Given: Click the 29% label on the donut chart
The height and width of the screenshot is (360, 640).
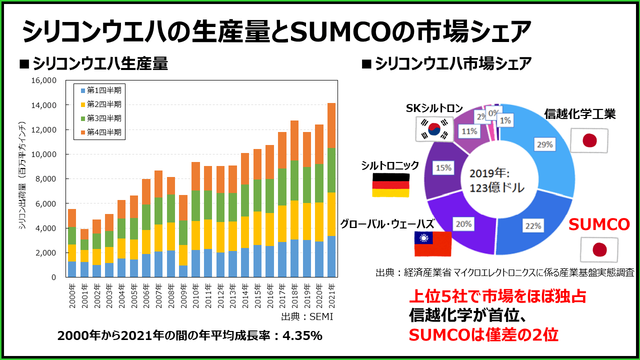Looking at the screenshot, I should [545, 144].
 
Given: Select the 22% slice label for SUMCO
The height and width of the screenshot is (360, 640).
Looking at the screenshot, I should [533, 226].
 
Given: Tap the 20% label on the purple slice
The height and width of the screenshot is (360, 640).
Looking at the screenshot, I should [463, 224].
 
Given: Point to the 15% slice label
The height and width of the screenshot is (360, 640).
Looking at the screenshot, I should [442, 168].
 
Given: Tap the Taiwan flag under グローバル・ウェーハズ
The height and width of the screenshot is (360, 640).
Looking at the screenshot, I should [433, 243].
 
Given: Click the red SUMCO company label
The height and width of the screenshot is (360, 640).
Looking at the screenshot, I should [600, 225].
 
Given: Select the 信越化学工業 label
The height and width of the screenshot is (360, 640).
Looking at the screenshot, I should [579, 114].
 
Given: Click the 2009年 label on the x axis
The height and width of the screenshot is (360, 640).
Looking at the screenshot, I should [183, 293].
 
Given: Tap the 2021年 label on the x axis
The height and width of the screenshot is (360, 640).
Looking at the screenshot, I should [331, 293].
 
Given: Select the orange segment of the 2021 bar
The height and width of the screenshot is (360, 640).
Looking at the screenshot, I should [331, 125].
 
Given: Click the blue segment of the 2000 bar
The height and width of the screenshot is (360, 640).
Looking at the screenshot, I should [72, 269].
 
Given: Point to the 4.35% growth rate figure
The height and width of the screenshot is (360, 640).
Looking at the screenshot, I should [302, 336].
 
